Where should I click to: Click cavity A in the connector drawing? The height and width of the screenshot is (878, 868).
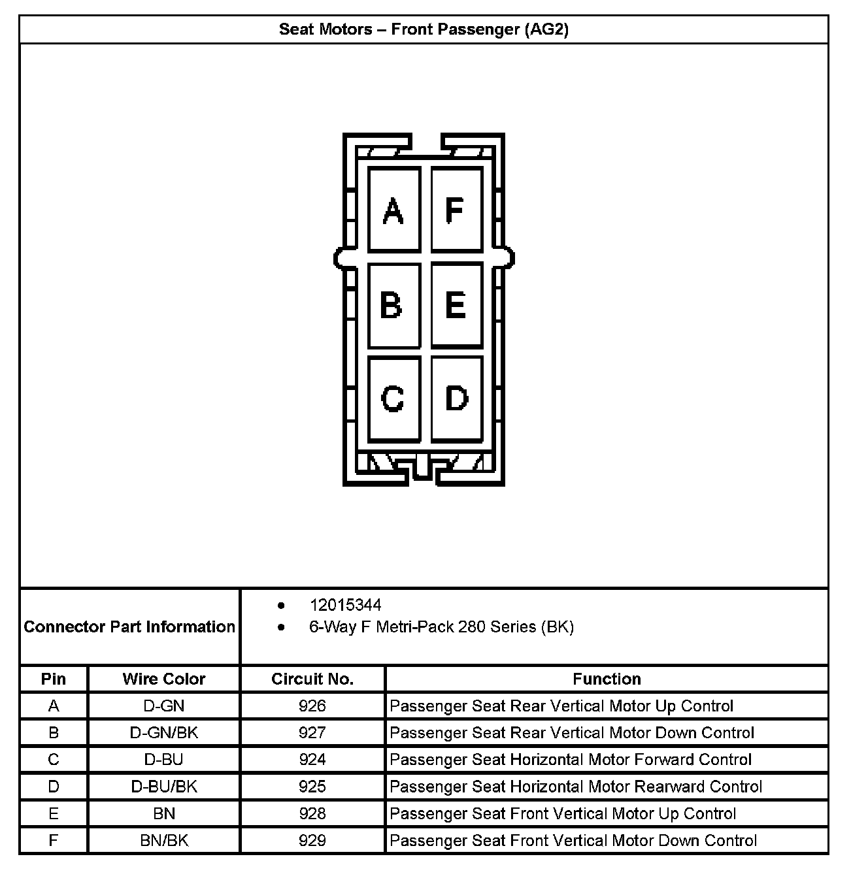(393, 210)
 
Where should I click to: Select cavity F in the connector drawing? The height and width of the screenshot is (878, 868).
(456, 210)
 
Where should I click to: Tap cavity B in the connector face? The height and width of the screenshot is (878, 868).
(393, 305)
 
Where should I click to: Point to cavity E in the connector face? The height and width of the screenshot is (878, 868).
(456, 305)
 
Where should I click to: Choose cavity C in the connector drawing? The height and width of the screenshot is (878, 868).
(393, 398)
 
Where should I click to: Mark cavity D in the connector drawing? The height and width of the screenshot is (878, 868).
(456, 398)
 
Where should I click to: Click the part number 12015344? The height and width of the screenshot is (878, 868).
(345, 605)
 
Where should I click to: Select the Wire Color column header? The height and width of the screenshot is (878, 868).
(164, 679)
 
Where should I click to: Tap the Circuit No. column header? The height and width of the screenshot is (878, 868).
(312, 679)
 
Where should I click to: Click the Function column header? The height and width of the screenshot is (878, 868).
(607, 679)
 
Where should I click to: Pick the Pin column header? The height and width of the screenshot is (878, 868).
(54, 679)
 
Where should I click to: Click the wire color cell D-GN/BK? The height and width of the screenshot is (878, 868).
(164, 733)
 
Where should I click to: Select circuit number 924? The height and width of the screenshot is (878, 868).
(312, 760)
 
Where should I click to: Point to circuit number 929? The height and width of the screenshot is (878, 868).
(312, 840)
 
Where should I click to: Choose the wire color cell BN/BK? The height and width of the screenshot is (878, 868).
(164, 840)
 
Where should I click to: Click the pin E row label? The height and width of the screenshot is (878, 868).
(54, 813)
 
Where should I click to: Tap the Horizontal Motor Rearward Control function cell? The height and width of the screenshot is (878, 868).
(575, 787)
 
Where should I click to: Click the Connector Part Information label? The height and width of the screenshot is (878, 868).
(129, 627)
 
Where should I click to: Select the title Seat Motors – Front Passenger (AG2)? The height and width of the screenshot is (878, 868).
(424, 29)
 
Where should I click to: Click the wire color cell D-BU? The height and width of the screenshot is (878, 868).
(164, 760)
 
